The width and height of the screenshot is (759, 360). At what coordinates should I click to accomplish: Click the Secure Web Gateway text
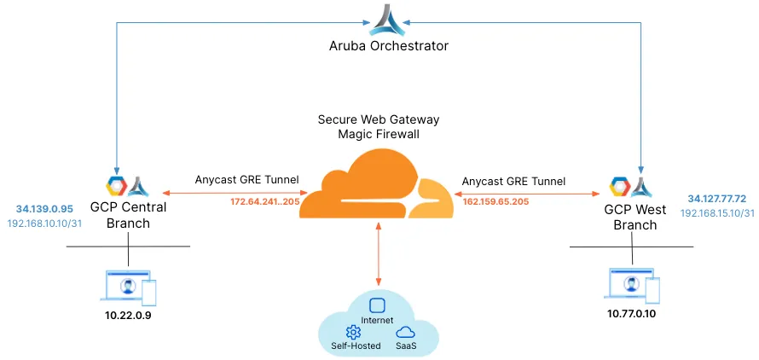pos(379,119)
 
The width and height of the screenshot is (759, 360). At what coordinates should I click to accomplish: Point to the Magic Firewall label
pos(379,135)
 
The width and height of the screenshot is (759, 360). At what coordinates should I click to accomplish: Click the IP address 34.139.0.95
pos(44,208)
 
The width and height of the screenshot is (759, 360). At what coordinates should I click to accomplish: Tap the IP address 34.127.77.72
pos(717,198)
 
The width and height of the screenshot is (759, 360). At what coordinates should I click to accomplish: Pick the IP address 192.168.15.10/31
pos(717,212)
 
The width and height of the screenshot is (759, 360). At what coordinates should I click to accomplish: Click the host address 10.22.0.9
pos(128,315)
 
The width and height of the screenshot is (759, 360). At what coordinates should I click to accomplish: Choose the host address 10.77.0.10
pos(632,313)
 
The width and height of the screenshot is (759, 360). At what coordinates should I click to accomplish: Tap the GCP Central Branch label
pos(129,215)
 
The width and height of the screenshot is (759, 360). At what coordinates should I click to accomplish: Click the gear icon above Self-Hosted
pos(353,332)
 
